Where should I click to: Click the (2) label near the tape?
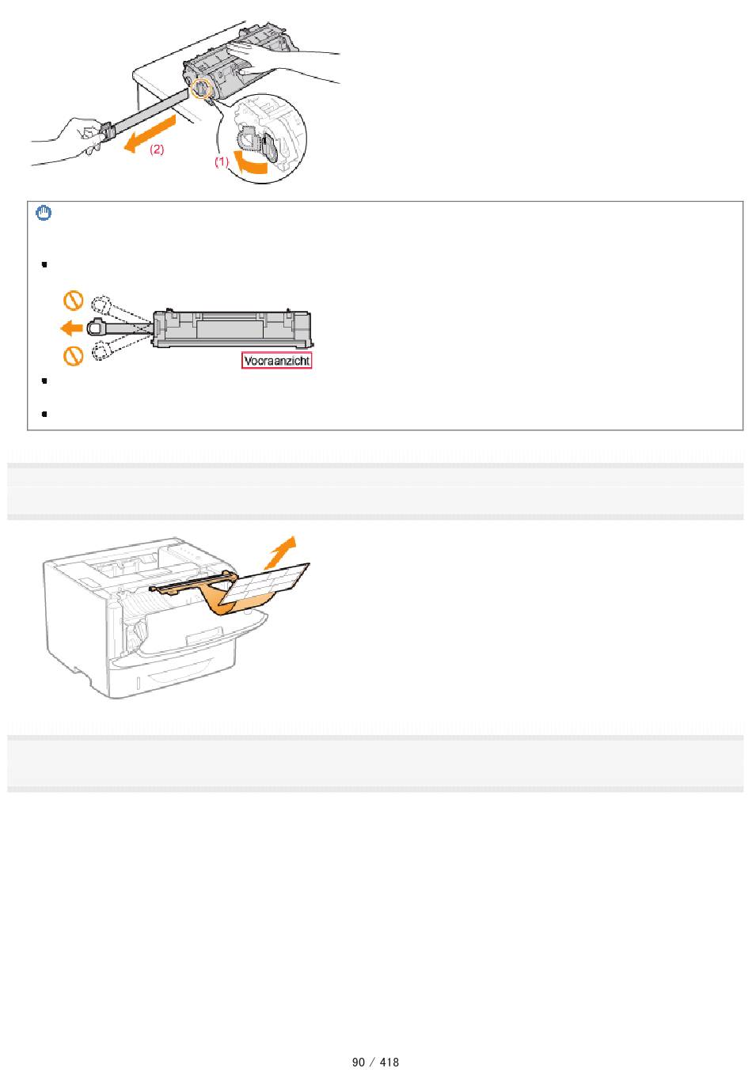click(x=157, y=150)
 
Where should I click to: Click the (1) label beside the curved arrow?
click(x=222, y=161)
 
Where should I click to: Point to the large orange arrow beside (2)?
click(x=149, y=133)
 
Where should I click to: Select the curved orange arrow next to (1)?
click(x=249, y=162)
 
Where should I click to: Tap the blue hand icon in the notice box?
click(x=44, y=213)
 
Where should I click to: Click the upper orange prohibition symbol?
click(x=74, y=301)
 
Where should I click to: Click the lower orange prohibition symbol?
click(x=74, y=356)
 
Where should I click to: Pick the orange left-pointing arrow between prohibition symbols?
click(x=71, y=328)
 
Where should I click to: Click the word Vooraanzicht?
click(x=276, y=361)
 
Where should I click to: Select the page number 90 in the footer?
click(x=358, y=1062)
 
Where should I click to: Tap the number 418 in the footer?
click(x=389, y=1062)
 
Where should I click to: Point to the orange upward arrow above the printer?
click(x=281, y=552)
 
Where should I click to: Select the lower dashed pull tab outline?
click(x=101, y=350)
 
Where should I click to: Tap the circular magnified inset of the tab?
click(x=262, y=138)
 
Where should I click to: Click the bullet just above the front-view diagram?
click(x=44, y=263)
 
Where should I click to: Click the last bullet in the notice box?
click(x=44, y=414)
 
